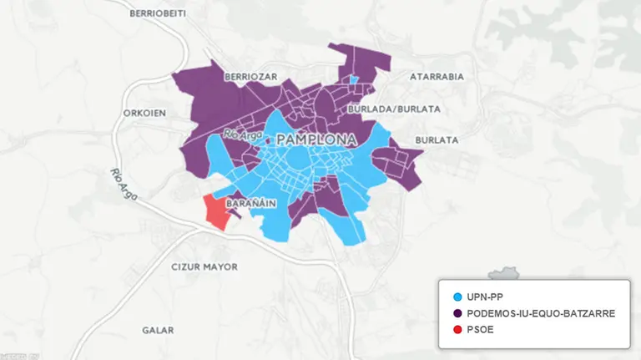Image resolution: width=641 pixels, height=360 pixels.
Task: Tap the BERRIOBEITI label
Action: pos(159,14)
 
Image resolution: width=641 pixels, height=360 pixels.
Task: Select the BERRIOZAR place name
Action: pos(250,76)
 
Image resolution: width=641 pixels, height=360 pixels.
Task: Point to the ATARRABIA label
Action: pos(437,76)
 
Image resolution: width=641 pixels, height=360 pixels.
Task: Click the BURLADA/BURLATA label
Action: pos(384,109)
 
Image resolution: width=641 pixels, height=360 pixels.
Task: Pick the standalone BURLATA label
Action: pos(437,141)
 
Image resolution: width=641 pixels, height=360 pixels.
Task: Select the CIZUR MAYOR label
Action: pos(204,266)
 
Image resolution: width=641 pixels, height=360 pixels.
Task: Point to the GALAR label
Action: pos(158,330)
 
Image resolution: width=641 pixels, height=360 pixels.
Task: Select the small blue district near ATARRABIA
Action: pos(354,80)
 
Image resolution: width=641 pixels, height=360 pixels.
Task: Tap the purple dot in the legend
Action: pos(456,313)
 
